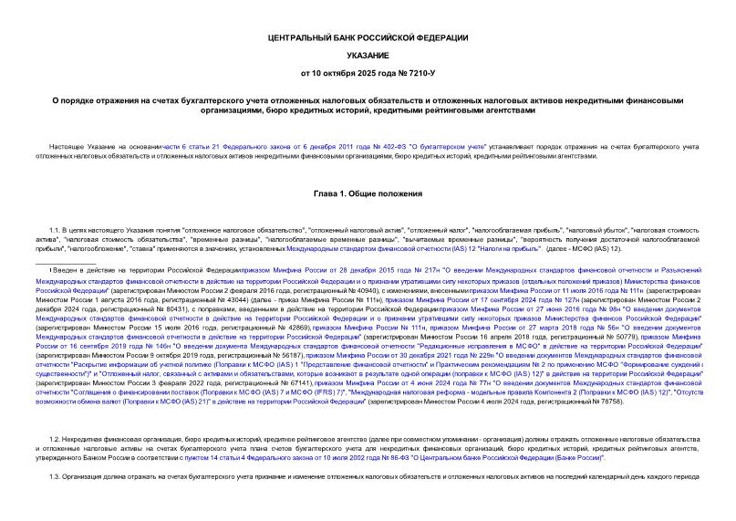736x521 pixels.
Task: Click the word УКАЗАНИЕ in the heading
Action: click(368, 54)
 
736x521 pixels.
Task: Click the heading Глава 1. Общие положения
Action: click(368, 193)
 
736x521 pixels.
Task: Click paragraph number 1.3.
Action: click(55, 477)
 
